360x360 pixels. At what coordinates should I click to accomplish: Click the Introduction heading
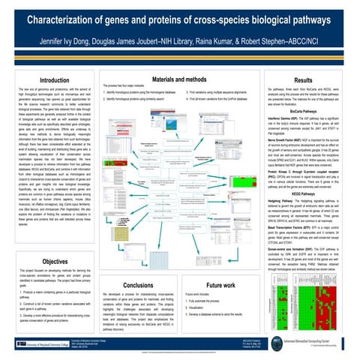56,80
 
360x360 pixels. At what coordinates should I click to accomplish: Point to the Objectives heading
56,261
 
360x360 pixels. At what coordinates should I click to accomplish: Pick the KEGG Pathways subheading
303,193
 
